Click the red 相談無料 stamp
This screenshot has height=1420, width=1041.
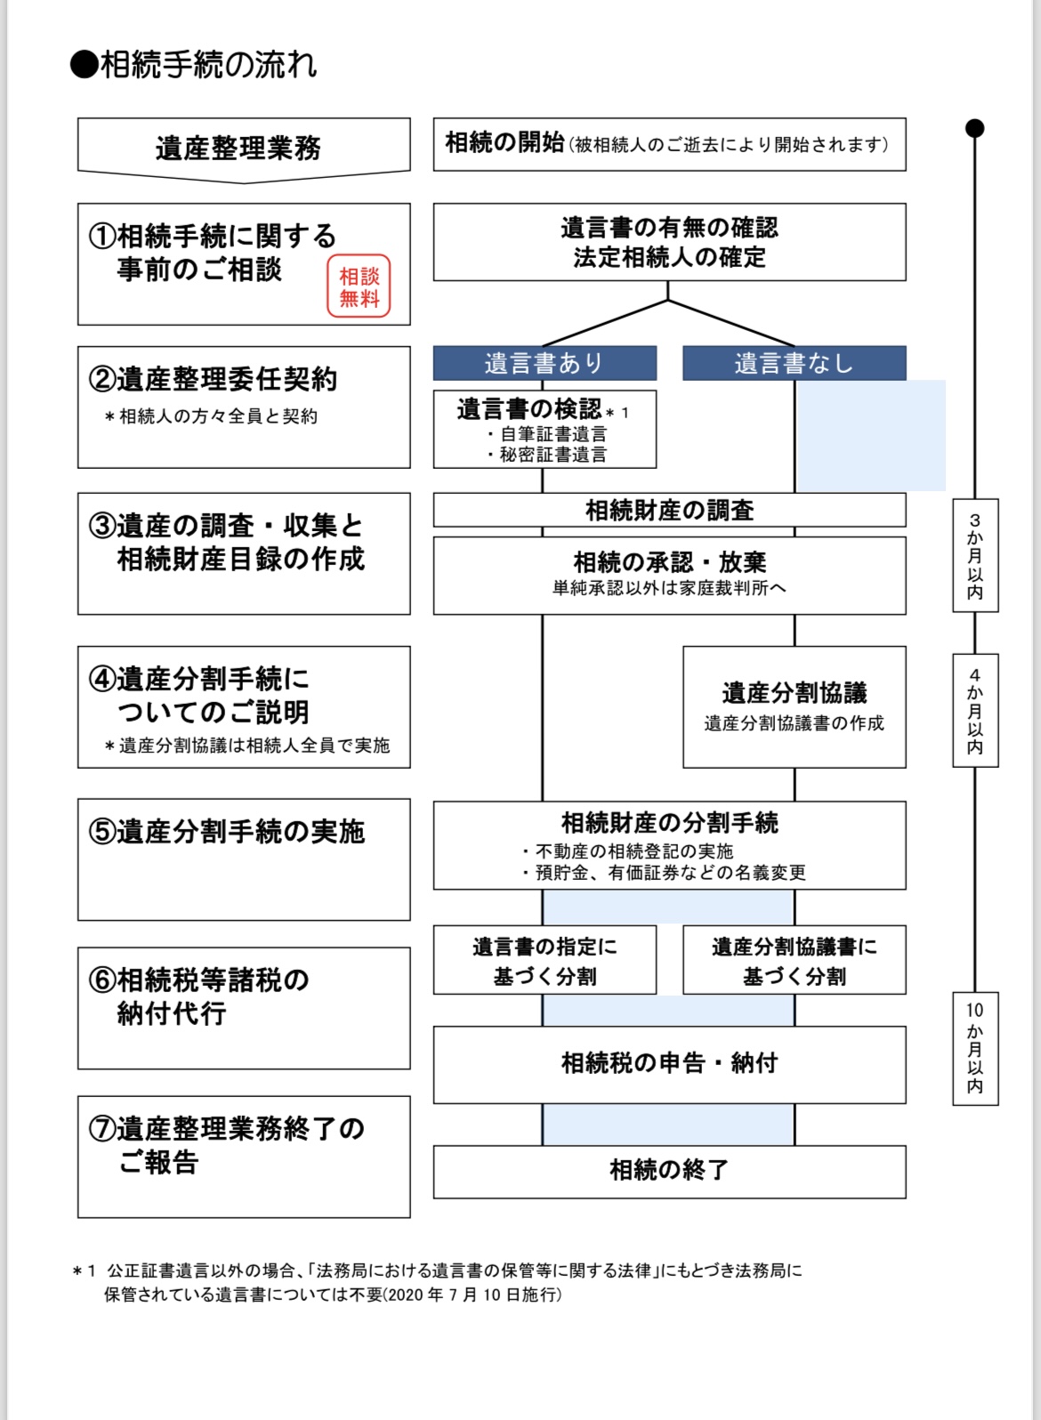coord(359,286)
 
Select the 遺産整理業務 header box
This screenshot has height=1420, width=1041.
coord(243,147)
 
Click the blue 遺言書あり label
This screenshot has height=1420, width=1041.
coord(545,363)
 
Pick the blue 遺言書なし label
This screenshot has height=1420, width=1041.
coord(794,363)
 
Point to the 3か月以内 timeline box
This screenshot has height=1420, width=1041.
coord(975,556)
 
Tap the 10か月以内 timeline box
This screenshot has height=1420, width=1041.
coord(975,1048)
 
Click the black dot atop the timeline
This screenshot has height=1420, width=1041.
coord(975,128)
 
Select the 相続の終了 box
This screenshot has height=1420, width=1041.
coord(669,1170)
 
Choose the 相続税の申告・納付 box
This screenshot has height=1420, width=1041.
coord(669,1063)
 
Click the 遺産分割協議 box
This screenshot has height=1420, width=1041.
coord(794,706)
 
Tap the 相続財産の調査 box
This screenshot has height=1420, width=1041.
coord(669,510)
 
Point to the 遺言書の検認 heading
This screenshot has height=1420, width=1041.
coord(529,409)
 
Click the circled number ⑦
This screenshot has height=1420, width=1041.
coord(102,1129)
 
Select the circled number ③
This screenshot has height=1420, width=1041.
coord(102,526)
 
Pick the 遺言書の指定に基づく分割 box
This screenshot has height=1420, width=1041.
coord(545,961)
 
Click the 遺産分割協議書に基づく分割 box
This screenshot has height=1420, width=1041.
coord(794,961)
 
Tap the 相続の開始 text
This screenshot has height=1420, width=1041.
coord(504,142)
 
